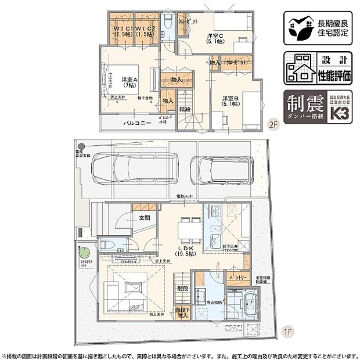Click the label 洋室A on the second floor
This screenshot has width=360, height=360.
click(x=129, y=81)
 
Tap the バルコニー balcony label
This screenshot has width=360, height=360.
click(x=136, y=124)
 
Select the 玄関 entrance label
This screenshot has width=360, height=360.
click(x=145, y=218)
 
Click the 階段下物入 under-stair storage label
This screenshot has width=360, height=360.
click(x=182, y=313)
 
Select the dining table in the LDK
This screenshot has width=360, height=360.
click(x=187, y=231)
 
